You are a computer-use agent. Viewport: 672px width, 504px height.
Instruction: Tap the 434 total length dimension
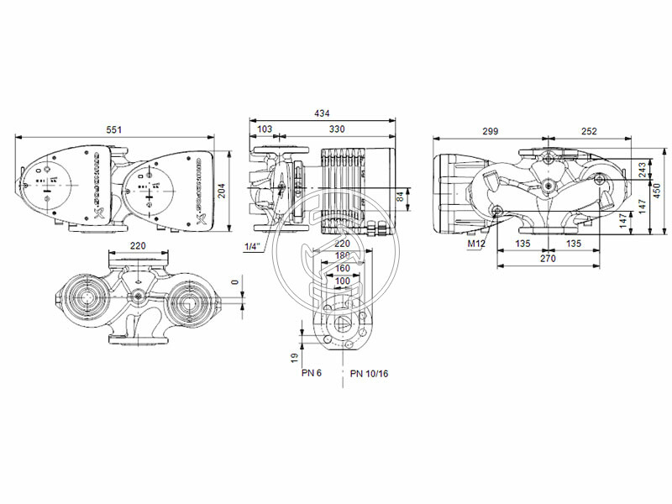pyautogui.click(x=323, y=113)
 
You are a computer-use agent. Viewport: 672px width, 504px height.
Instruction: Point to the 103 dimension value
pyautogui.click(x=265, y=130)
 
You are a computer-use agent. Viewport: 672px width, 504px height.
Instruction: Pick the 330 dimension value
pyautogui.click(x=336, y=130)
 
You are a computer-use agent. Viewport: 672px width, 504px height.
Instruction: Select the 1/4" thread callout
pyautogui.click(x=251, y=246)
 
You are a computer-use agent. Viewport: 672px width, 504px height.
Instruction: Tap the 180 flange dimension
pyautogui.click(x=343, y=255)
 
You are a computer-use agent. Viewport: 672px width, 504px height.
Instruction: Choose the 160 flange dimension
pyautogui.click(x=343, y=268)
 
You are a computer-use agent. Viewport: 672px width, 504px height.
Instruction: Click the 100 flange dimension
pyautogui.click(x=343, y=281)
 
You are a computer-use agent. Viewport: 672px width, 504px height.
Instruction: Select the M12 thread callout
pyautogui.click(x=476, y=244)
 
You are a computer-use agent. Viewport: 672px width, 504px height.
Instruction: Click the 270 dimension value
pyautogui.click(x=547, y=260)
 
